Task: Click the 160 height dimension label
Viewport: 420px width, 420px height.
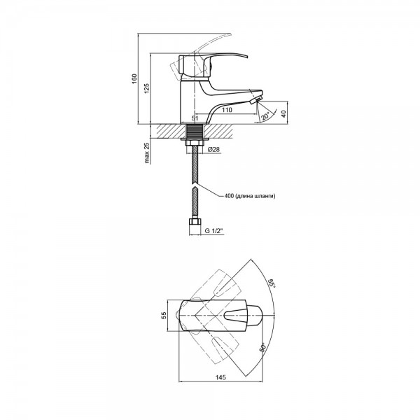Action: coord(134,78)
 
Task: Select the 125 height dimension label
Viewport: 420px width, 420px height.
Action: coord(147,88)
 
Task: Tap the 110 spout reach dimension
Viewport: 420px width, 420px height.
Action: coord(227,110)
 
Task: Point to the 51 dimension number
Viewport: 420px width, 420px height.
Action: coord(195,118)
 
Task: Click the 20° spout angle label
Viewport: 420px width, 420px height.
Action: coord(265,116)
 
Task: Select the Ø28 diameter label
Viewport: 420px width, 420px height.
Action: coord(213,149)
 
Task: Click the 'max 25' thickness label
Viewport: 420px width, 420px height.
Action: coord(147,153)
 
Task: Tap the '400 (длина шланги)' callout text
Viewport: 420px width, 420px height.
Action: coord(250,196)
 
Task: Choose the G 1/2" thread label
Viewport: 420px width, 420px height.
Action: coord(214,230)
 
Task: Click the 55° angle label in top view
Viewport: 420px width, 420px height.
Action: coord(272,283)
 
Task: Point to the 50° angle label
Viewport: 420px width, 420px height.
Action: coord(263,347)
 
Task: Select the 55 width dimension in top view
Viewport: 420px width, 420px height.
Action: coord(164,315)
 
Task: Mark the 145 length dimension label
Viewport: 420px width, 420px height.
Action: coord(220,377)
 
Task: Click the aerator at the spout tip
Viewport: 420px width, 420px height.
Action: coord(255,101)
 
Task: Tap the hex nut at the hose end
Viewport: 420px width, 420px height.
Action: coord(195,222)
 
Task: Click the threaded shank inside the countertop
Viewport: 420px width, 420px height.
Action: coord(195,132)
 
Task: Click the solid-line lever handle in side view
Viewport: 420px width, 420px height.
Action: coord(211,66)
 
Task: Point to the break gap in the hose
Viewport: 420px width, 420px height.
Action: coord(195,185)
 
